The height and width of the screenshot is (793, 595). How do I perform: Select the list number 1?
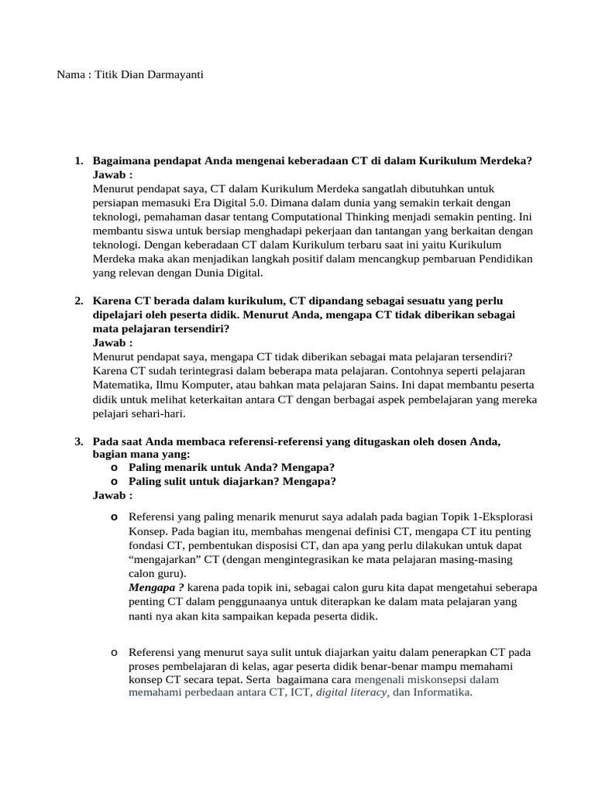pos(78,161)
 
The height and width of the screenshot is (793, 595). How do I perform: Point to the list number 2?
pos(78,300)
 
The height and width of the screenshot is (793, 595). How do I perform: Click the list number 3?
pos(78,441)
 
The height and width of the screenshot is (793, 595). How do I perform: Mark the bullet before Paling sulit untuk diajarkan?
pos(114,482)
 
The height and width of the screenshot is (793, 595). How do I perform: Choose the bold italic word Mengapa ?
pos(156,588)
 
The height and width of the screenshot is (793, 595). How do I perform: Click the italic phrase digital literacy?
pos(352,693)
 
